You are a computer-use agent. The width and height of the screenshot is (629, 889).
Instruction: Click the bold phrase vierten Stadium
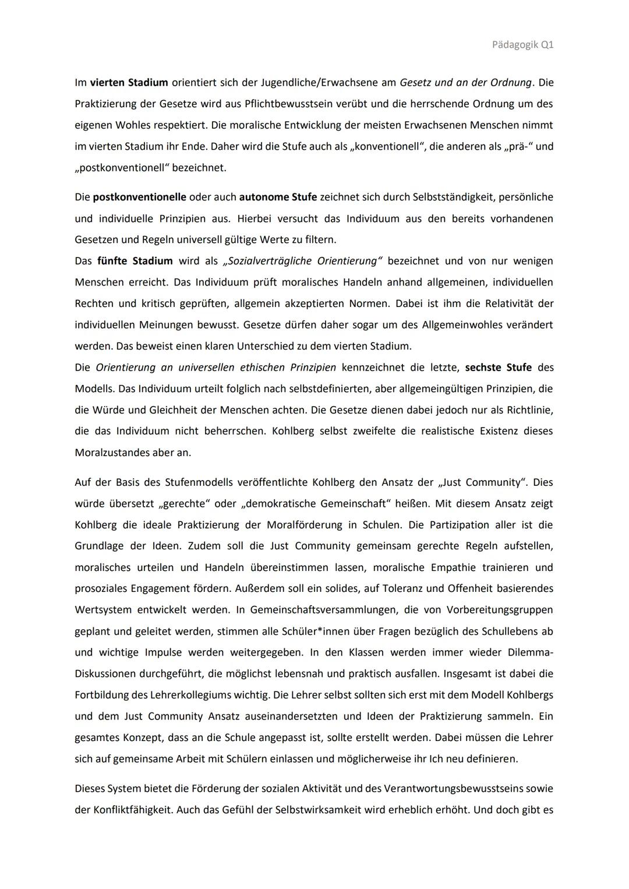[x=128, y=83]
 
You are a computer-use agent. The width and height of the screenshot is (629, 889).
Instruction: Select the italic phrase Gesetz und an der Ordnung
[x=466, y=83]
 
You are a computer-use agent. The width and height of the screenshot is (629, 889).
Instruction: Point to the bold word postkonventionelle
[x=139, y=197]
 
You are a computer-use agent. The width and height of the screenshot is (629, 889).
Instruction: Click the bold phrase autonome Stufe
[x=278, y=197]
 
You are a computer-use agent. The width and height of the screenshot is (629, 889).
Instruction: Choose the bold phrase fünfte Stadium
[x=135, y=261]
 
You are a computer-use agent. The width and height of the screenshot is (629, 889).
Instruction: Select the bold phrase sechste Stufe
[x=498, y=368]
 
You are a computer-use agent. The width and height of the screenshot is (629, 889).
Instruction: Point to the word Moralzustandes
[x=112, y=453]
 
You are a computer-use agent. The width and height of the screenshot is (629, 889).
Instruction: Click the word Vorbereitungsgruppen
[x=500, y=610]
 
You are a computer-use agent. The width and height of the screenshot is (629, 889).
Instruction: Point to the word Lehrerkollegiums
[x=197, y=695]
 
